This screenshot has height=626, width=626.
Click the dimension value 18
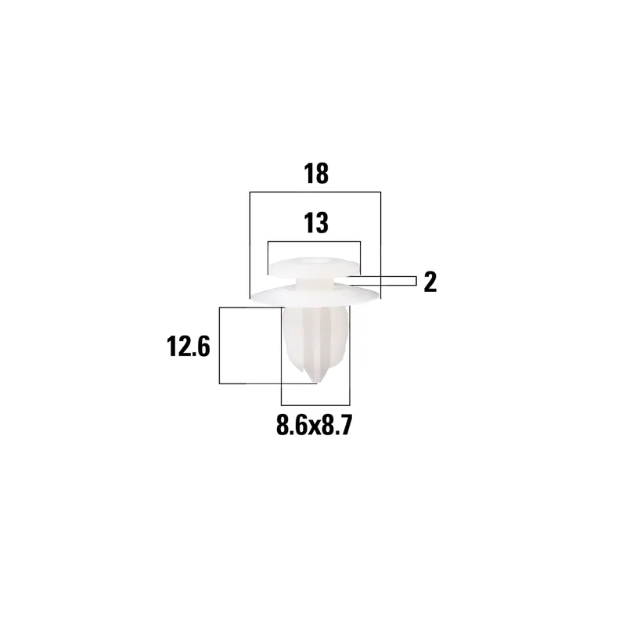316,174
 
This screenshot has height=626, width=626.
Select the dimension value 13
316,223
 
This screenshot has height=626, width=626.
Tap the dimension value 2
430,282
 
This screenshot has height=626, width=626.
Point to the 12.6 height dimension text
188,347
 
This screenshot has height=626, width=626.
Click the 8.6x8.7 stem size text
315,425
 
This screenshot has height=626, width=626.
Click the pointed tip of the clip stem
316,383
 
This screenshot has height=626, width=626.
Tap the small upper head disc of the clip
314,268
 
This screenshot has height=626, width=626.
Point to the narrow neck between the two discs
314,282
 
